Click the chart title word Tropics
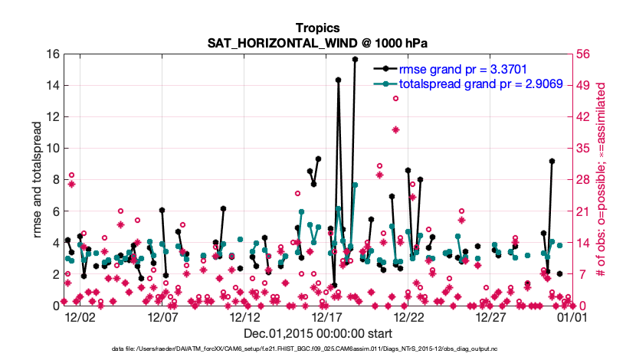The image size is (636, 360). pos(317,28)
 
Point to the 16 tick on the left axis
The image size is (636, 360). pos(54,54)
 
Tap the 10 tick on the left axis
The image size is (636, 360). pos(54,149)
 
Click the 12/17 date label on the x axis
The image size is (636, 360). pos(326,316)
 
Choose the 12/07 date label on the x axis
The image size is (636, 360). pos(162,316)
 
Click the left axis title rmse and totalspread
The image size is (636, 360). pos(38,179)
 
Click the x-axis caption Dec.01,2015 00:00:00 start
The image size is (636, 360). pos(317,334)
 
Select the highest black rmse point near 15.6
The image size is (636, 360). pos(356,59)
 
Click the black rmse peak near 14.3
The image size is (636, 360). pos(338,79)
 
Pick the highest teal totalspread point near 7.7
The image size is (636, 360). pos(355,185)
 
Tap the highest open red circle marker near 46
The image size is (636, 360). pos(395,98)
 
